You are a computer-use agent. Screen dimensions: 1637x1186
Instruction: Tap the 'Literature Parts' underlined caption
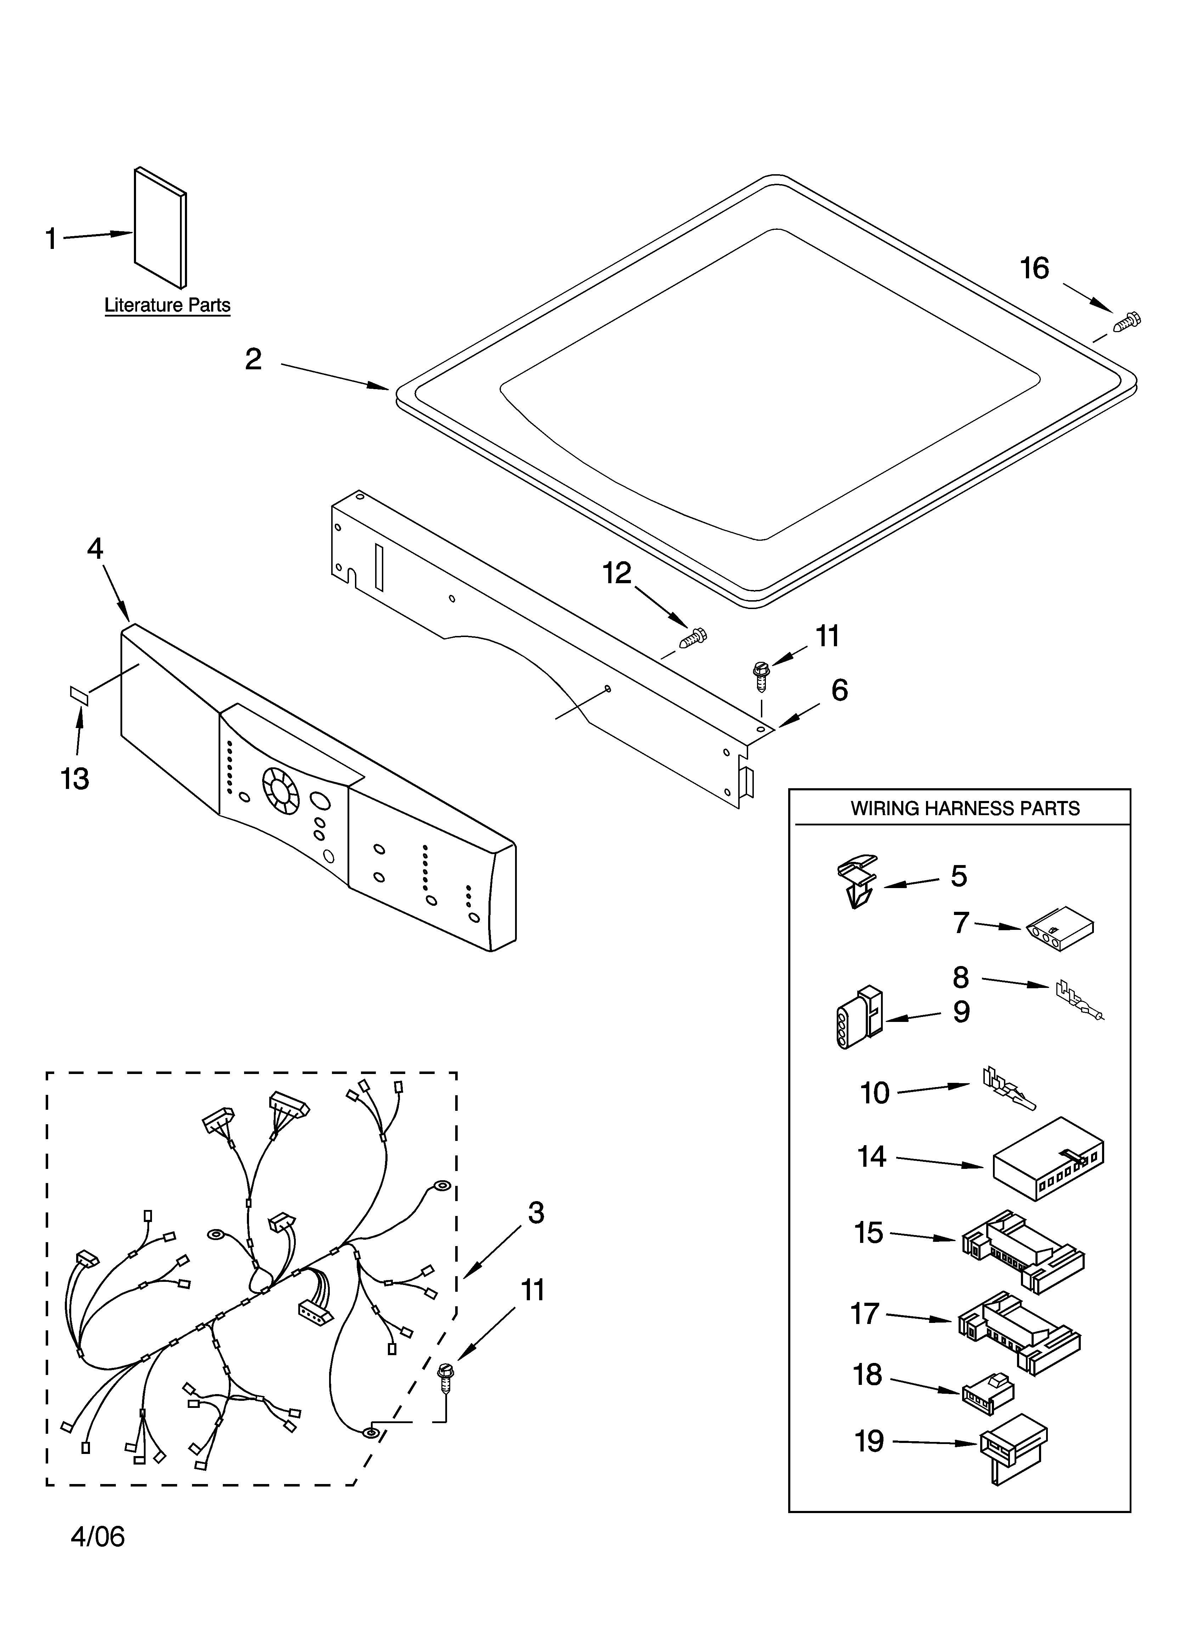(168, 305)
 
